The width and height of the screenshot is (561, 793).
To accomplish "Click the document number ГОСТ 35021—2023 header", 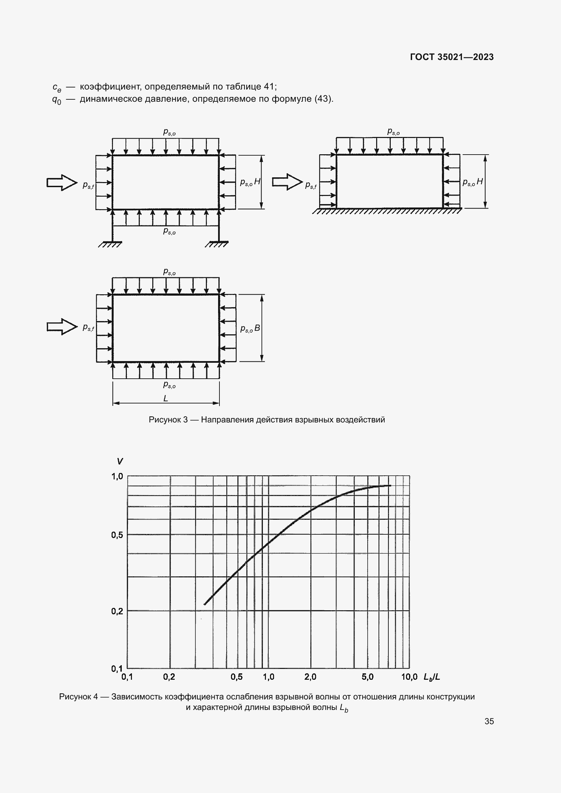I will tap(452, 57).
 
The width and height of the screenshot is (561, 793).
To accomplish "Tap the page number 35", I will tap(489, 721).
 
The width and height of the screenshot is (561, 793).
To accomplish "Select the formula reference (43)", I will tap(323, 99).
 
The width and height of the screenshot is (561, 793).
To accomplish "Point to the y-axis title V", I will tap(120, 461).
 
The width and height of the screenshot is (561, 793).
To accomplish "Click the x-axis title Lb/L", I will tap(432, 677).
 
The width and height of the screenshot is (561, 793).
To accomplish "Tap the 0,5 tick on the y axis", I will tap(117, 535).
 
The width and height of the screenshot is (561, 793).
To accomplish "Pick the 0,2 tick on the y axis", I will tap(117, 611).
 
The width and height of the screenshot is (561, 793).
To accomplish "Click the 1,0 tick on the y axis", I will tap(117, 477).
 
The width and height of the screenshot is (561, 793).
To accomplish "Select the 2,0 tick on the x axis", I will tap(310, 677).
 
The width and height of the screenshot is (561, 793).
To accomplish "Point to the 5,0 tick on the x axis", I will tap(368, 677).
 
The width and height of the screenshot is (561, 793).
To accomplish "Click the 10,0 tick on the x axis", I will tap(409, 677).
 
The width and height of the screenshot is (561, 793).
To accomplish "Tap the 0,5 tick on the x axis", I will tap(237, 677).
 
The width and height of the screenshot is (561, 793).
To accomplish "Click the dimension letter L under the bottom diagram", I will tap(166, 399).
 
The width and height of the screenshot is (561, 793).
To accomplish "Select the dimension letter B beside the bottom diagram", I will tap(257, 328).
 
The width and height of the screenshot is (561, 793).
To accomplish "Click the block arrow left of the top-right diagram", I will tap(287, 182).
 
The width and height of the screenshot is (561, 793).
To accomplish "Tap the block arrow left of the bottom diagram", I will tap(62, 326).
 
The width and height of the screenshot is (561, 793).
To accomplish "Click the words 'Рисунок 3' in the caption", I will tap(168, 420).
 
